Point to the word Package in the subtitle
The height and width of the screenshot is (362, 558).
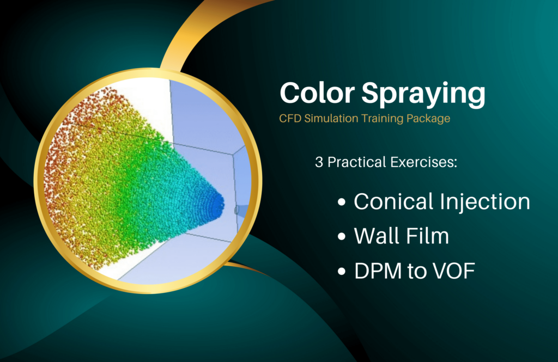point(429,119)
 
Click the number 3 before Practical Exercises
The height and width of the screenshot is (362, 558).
point(318,163)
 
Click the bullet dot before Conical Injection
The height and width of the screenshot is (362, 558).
point(342,203)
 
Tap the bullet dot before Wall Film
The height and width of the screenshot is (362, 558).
point(342,237)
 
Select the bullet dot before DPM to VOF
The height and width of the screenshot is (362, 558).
point(342,271)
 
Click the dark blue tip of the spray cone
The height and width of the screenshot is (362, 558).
point(217,204)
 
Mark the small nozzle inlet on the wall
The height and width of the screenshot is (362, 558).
point(236,210)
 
